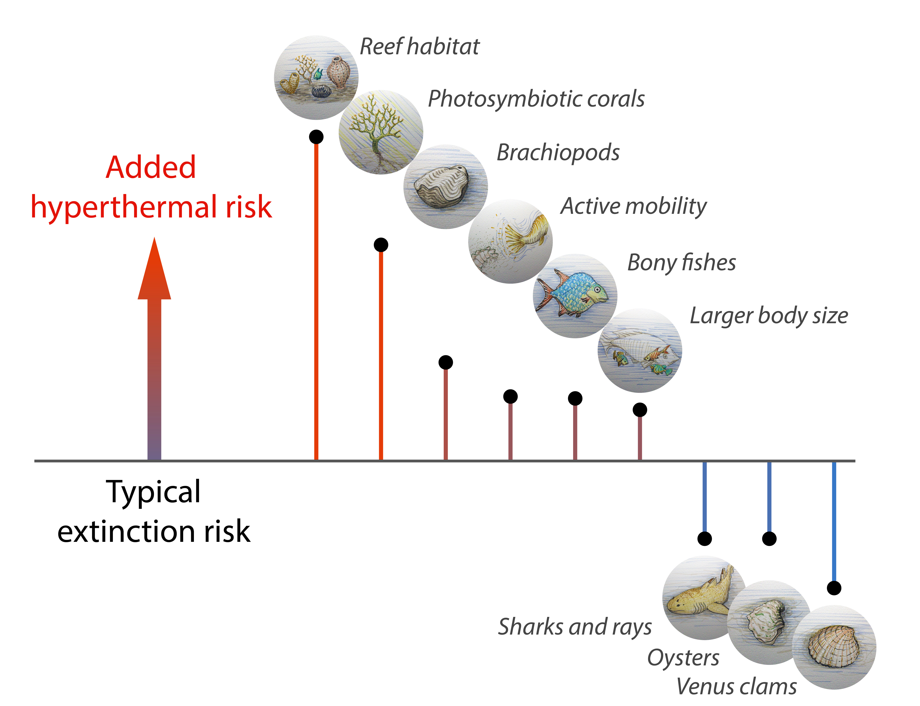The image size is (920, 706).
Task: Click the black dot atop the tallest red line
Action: click(x=316, y=137)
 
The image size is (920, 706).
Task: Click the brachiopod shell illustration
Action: click(x=441, y=186)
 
